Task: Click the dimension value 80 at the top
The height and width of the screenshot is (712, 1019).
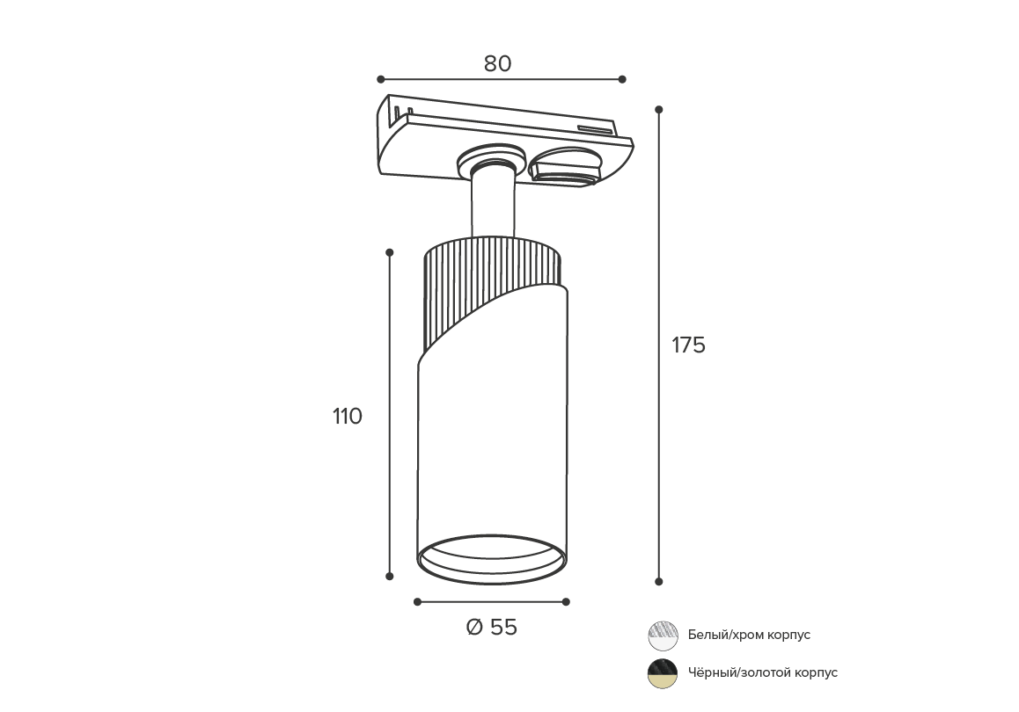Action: click(x=497, y=63)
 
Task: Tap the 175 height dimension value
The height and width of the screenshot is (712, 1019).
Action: click(x=688, y=345)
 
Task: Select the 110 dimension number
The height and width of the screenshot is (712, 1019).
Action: click(x=347, y=416)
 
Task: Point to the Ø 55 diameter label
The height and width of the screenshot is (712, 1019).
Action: click(x=492, y=627)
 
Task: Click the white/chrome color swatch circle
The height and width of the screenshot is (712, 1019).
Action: click(x=663, y=636)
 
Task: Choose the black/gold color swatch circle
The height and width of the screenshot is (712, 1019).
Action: click(x=663, y=673)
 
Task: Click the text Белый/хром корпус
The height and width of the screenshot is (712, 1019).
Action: click(x=750, y=635)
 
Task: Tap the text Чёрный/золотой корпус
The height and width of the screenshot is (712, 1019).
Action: click(x=763, y=672)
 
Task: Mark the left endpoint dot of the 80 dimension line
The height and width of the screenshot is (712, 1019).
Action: click(x=381, y=79)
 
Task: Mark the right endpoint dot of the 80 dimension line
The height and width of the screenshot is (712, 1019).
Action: click(x=622, y=79)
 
